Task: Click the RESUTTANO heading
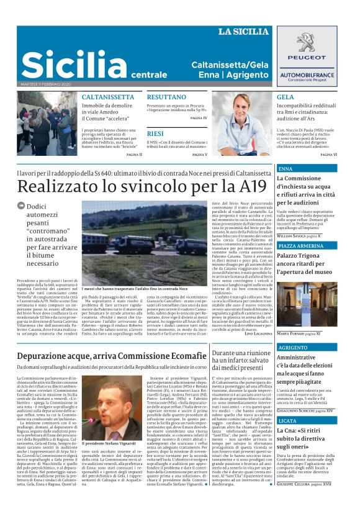(x=166, y=97)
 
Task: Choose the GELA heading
(x=285, y=97)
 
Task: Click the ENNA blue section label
(x=286, y=168)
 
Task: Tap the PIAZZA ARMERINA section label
(x=301, y=246)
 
